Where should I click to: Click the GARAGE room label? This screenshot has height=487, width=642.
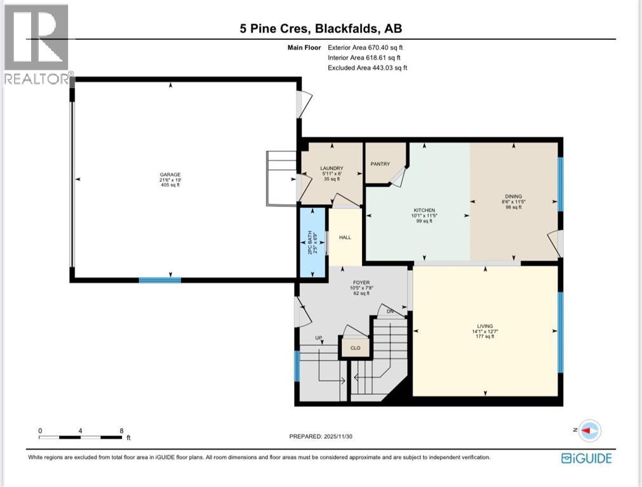pyautogui.click(x=170, y=174)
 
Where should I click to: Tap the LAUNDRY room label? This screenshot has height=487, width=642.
pyautogui.click(x=331, y=168)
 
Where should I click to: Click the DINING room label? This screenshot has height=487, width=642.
pyautogui.click(x=513, y=197)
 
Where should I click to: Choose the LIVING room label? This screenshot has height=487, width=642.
pyautogui.click(x=485, y=326)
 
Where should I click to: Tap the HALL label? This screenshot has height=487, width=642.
pyautogui.click(x=345, y=238)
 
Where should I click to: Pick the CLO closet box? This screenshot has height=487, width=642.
pyautogui.click(x=356, y=347)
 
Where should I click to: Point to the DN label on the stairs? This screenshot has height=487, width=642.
pyautogui.click(x=390, y=311)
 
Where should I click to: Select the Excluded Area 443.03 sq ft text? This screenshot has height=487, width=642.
pyautogui.click(x=367, y=68)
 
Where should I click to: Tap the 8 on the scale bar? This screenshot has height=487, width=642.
pyautogui.click(x=121, y=431)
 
